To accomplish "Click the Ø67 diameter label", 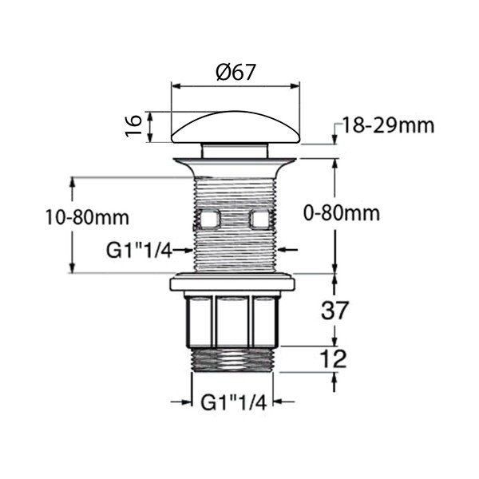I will pyautogui.click(x=236, y=71).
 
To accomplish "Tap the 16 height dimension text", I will pyautogui.click(x=136, y=125).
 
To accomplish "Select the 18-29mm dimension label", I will pyautogui.click(x=388, y=125).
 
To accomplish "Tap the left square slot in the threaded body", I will pyautogui.click(x=209, y=218).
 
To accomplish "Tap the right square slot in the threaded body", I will pyautogui.click(x=259, y=218).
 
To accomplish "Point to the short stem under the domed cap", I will pyautogui.click(x=235, y=149).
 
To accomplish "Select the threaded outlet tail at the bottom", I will pyautogui.click(x=234, y=358).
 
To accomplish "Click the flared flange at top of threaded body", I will pyautogui.click(x=235, y=166).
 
